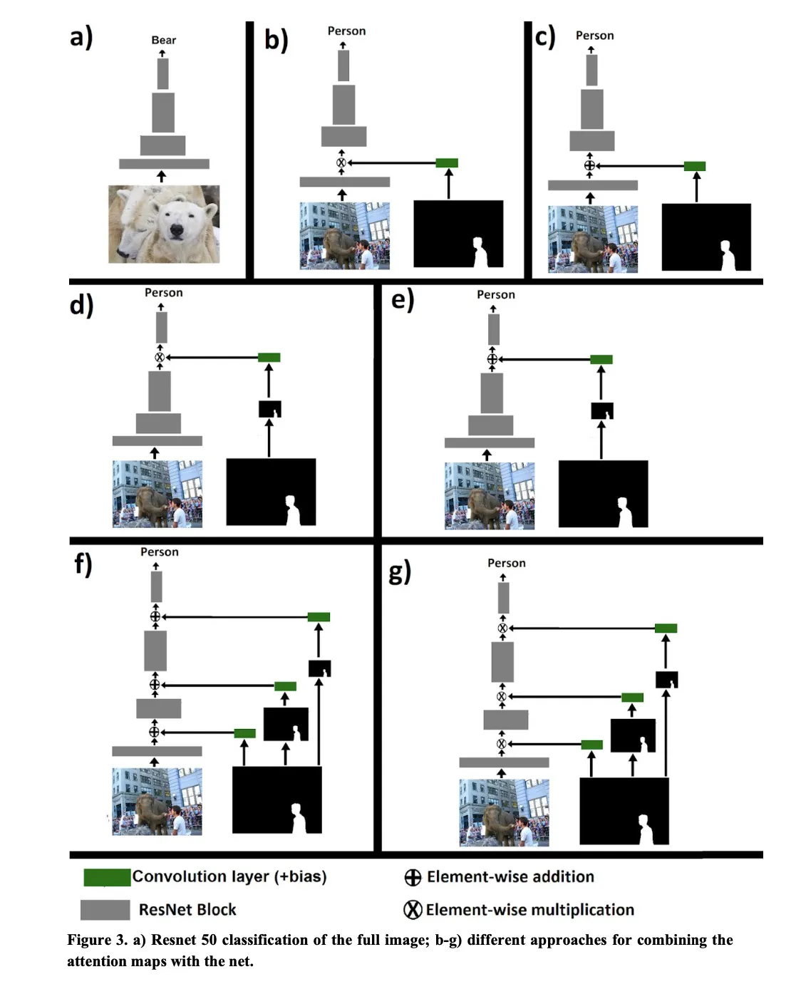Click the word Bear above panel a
click(163, 41)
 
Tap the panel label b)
click(276, 40)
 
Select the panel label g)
click(400, 572)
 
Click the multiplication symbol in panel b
click(341, 163)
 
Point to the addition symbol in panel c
click(589, 166)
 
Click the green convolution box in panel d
click(269, 357)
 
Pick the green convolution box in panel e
click(601, 359)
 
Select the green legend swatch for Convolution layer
click(107, 877)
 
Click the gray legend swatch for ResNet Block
click(105, 910)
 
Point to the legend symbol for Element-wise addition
click(413, 877)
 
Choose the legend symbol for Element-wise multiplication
click(413, 910)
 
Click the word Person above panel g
click(506, 563)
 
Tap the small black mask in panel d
click(269, 409)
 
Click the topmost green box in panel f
click(319, 617)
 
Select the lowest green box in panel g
click(591, 745)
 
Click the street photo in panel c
click(592, 239)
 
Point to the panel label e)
click(403, 300)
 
